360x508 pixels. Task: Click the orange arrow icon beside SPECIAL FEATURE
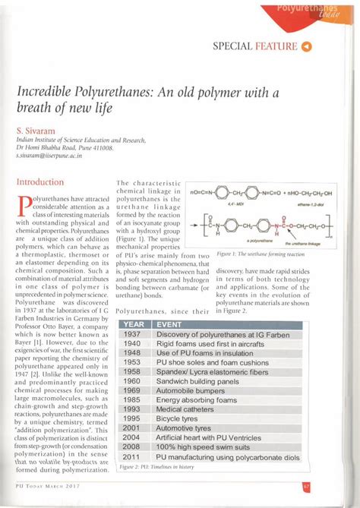pos(307,47)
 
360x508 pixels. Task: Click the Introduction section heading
pos(40,183)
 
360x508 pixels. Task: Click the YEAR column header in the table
pos(133,323)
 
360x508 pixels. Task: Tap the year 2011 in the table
pos(132,458)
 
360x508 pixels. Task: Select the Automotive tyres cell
pos(186,428)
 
